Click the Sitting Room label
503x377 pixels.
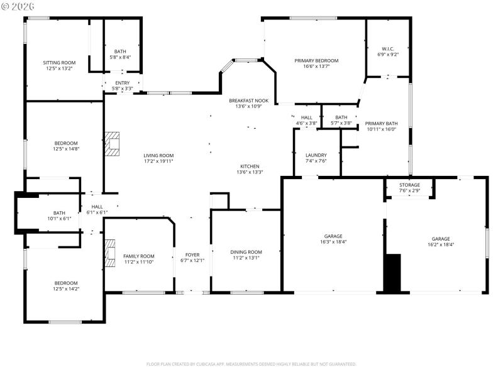(x=59, y=63)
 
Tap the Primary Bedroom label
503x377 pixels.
(x=316, y=61)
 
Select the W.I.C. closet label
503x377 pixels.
(x=387, y=49)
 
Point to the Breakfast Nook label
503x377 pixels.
(x=248, y=101)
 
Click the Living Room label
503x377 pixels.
(x=158, y=155)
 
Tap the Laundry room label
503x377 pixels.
(x=316, y=155)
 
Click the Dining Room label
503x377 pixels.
(x=247, y=252)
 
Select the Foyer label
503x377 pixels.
(x=192, y=255)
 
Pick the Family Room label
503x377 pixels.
(x=138, y=256)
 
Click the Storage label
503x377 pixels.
(x=409, y=185)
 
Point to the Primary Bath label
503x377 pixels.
(x=382, y=124)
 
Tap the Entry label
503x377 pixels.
(x=122, y=83)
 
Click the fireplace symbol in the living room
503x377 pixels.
(x=112, y=143)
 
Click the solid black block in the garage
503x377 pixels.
(x=392, y=273)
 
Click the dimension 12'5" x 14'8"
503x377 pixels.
(x=66, y=149)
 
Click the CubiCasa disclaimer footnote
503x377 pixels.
(x=251, y=364)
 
